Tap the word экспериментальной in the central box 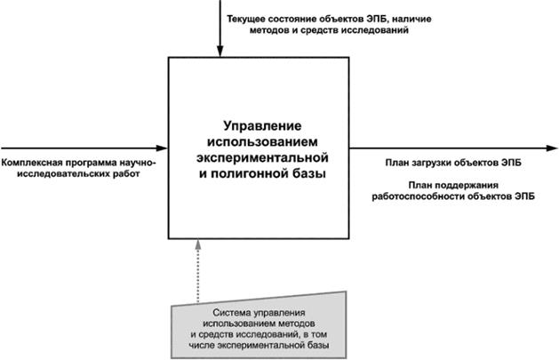[260, 157]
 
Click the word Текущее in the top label [248, 19]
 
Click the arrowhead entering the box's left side [162, 148]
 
